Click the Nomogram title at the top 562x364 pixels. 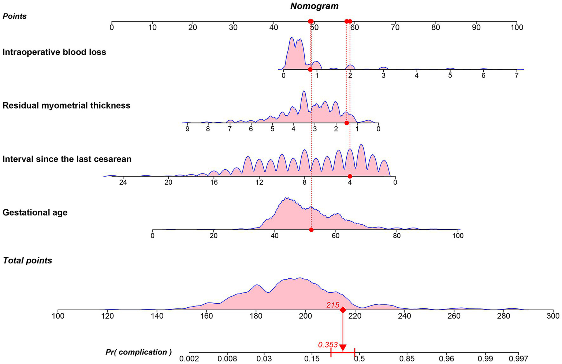(315, 6)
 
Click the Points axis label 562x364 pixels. (15, 16)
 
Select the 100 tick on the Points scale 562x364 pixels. (517, 22)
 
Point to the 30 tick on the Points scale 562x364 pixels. (233, 22)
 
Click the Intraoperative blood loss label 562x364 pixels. (54, 52)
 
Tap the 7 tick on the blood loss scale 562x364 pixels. (517, 70)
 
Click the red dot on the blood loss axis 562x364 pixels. (310, 69)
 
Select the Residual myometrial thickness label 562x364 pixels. (66, 105)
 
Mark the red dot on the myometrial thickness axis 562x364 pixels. (347, 123)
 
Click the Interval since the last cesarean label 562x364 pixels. (67, 159)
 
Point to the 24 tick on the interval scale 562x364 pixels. (123, 177)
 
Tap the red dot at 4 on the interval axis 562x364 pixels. (350, 176)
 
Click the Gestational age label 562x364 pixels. (35, 213)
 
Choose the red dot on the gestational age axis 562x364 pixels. (311, 230)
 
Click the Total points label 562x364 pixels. (27, 260)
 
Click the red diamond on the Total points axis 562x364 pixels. (343, 310)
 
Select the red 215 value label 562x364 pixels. (333, 305)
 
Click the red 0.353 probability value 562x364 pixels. (328, 345)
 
